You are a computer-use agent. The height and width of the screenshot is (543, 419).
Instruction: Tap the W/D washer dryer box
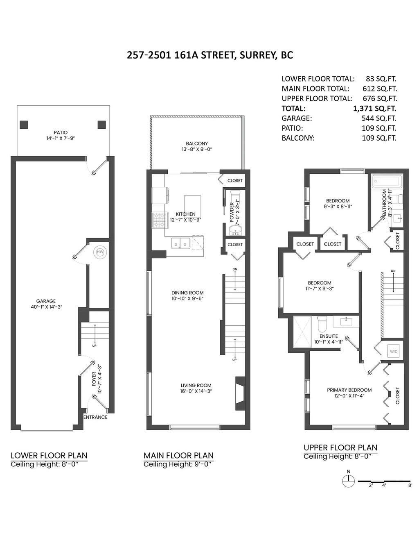coord(393,351)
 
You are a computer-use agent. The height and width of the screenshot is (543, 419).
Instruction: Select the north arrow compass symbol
coord(349,481)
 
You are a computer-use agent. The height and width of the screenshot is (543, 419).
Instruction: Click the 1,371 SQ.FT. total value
coord(374,109)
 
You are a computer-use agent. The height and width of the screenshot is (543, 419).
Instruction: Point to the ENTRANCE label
coord(95,417)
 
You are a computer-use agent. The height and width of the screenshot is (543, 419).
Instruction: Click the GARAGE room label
coord(46,301)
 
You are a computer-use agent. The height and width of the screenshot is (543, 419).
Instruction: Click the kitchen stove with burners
coord(158,220)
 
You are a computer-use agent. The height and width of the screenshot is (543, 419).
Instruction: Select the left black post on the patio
coord(24,125)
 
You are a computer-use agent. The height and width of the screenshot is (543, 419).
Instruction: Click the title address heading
coord(210,55)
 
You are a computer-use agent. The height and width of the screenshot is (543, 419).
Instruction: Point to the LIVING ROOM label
coord(196,385)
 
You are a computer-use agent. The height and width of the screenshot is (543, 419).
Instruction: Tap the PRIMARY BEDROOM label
coord(349,390)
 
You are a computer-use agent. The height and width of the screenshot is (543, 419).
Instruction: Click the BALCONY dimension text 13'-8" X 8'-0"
coord(197,149)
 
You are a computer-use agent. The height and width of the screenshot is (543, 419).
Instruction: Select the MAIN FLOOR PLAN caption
coord(178,455)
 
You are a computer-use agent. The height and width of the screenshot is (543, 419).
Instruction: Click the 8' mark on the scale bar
coord(410,485)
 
